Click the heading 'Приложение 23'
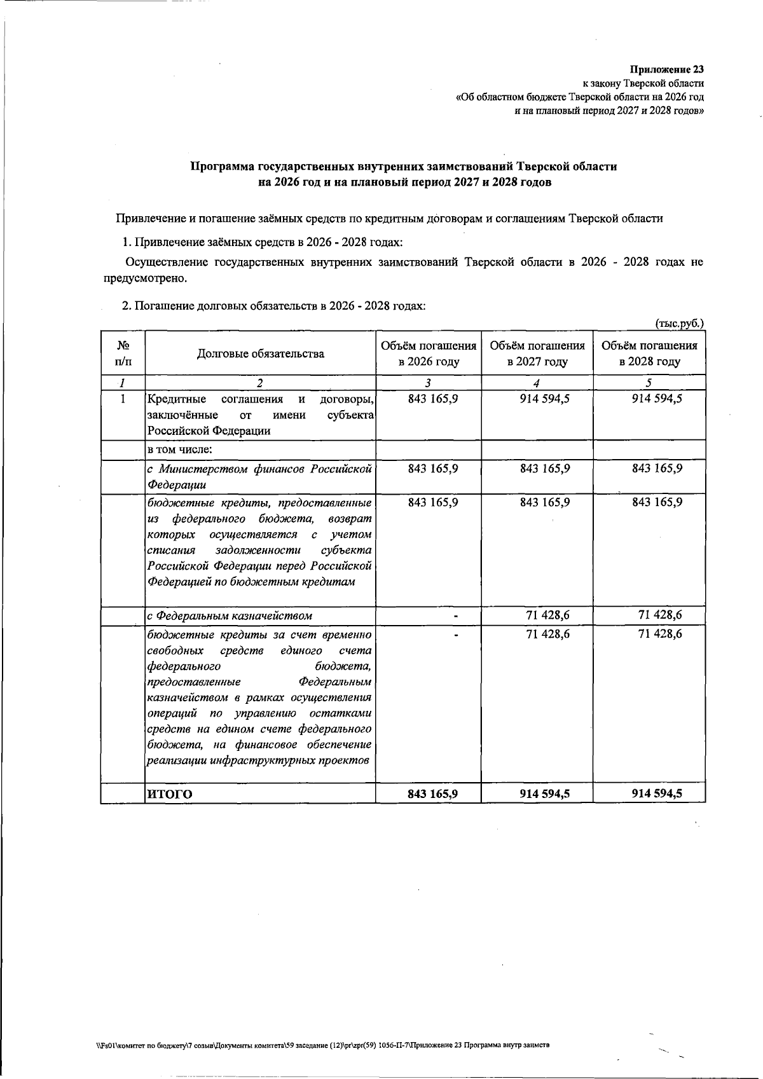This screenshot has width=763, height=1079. (x=667, y=69)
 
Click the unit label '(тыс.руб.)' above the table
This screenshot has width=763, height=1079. (x=680, y=323)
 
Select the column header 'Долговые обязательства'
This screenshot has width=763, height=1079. (x=260, y=354)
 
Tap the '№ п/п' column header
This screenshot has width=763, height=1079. (x=123, y=354)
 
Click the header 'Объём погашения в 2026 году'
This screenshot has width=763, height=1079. (x=429, y=354)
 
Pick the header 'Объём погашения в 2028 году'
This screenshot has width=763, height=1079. (x=649, y=354)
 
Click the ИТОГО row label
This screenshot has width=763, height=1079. (x=169, y=794)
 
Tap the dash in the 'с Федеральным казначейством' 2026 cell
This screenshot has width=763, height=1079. (x=456, y=615)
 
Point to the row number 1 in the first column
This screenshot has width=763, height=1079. (x=123, y=399)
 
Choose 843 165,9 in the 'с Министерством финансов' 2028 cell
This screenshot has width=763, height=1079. (x=657, y=468)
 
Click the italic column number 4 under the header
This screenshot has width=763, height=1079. (x=537, y=383)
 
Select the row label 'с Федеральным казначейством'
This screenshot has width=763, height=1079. (x=230, y=615)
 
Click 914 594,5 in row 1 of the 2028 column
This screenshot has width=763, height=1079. (x=657, y=399)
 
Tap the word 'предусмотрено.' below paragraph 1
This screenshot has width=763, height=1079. (x=146, y=278)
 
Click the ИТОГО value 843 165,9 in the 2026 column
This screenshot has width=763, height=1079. (x=433, y=794)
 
